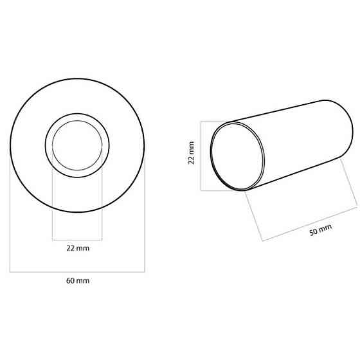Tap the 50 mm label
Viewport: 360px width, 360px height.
coord(321,230)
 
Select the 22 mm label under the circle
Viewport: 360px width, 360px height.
coord(77,248)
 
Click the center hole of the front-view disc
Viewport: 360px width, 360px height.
coord(77,146)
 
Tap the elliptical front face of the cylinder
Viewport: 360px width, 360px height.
coord(238,155)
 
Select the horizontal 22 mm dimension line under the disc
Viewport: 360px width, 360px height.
coord(77,239)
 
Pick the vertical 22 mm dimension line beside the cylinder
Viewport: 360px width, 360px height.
coord(201,156)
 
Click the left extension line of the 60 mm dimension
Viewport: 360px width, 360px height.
coord(10,219)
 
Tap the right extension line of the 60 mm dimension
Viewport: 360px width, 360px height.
coord(145,219)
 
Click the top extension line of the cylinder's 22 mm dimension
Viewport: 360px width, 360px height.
coord(219,121)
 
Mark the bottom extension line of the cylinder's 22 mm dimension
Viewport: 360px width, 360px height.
coord(219,190)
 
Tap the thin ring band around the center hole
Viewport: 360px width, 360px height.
coord(48,146)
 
